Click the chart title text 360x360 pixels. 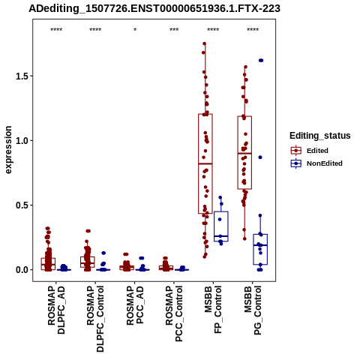point(154,9)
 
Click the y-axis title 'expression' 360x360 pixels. point(8,150)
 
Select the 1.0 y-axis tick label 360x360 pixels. point(21,140)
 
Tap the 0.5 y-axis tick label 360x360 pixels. point(21,205)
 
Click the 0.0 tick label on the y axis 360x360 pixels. point(21,270)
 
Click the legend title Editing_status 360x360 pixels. point(320,136)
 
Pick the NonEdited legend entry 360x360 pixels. point(316,163)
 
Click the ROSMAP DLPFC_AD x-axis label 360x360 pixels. point(56,310)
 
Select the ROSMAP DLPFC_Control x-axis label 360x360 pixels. point(95,319)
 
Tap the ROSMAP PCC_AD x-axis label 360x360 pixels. point(135,305)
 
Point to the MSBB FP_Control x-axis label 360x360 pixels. point(213,310)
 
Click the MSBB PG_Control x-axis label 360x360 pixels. point(253,310)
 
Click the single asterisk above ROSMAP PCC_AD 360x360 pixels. point(135,30)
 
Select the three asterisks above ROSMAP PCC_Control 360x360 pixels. point(174,30)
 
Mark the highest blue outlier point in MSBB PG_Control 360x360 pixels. point(261,60)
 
